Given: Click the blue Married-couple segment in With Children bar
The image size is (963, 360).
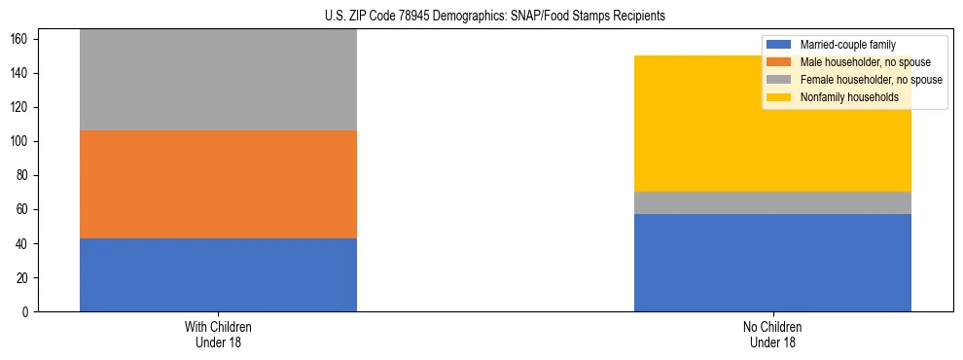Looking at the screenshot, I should coord(218,274).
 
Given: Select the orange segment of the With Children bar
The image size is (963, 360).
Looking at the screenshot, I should coord(218,184).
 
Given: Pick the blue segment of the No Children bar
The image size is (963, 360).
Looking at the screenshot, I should coord(772,263).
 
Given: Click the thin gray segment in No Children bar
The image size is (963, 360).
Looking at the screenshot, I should coord(772,202).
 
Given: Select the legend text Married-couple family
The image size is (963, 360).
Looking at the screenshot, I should coord(847,45).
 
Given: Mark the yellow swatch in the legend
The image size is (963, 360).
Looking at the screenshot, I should coord(779,97).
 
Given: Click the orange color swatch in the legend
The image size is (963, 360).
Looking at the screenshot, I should coord(779,62).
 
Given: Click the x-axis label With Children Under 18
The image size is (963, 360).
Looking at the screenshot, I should coord(218,335).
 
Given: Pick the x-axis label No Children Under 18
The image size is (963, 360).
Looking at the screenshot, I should coord(772,335).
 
